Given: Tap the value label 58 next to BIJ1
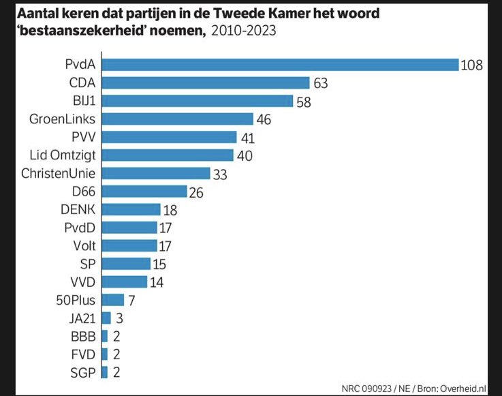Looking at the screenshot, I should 304,101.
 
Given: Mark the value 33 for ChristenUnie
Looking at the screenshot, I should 220,173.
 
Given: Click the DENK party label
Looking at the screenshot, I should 78,209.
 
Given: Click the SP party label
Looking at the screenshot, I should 87,263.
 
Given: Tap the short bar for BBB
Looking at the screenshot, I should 104,335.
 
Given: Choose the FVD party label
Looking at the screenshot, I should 83,354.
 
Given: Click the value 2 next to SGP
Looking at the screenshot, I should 116,371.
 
